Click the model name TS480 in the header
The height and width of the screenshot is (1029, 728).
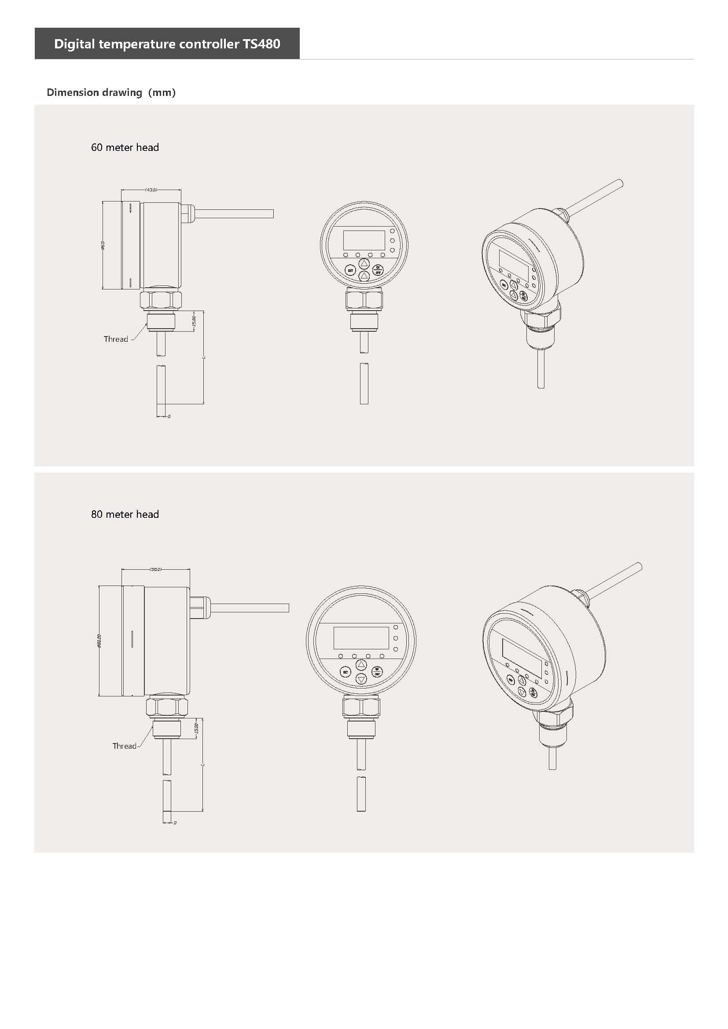click(x=261, y=44)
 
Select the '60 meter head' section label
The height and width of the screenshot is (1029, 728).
click(x=125, y=147)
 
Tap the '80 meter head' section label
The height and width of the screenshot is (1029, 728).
click(x=125, y=514)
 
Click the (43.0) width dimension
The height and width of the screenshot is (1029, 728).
click(x=151, y=190)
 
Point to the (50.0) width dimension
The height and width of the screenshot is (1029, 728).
click(x=155, y=569)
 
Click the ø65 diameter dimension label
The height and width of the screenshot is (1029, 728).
click(x=103, y=245)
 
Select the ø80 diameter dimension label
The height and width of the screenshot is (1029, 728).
click(x=99, y=641)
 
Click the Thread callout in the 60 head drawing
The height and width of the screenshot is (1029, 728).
click(x=116, y=339)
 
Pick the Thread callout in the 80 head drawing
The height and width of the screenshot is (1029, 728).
click(x=124, y=746)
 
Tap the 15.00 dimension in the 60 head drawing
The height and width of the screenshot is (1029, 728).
click(x=194, y=321)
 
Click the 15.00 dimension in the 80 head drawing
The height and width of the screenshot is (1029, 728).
click(x=196, y=728)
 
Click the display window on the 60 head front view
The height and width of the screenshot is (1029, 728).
click(x=364, y=240)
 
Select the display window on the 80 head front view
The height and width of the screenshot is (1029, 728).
click(x=361, y=638)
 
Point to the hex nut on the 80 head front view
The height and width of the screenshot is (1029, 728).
click(x=361, y=707)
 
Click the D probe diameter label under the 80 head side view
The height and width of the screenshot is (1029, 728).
click(x=175, y=823)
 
